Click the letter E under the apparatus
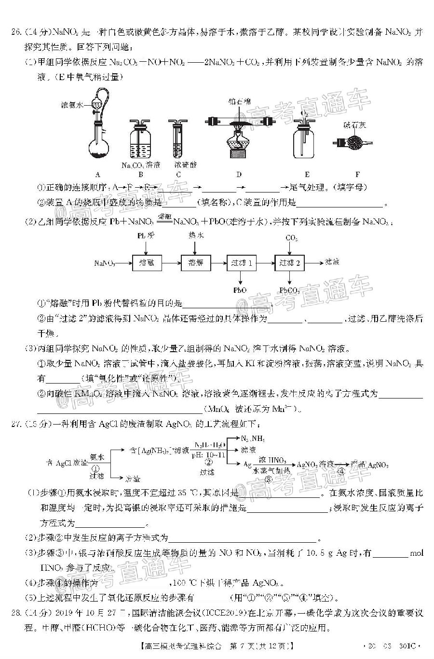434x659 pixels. point(307,175)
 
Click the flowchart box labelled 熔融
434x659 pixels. point(147,263)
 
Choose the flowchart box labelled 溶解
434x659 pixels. point(195,263)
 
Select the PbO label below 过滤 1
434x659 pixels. point(240,290)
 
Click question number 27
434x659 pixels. point(16,425)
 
